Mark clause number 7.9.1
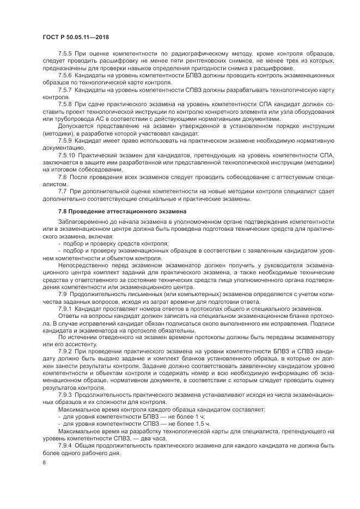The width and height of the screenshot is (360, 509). [x=65, y=308]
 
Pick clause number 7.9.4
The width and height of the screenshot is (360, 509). [x=65, y=445]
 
